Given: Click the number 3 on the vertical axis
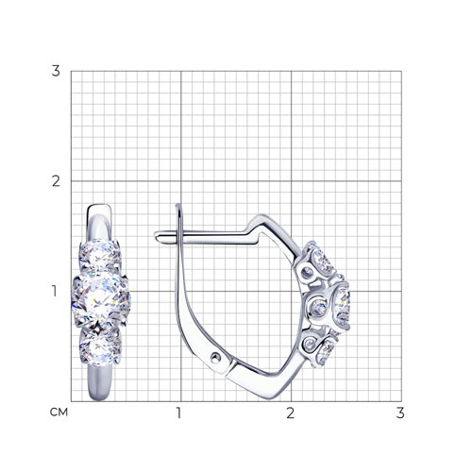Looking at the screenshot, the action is pos(56,71).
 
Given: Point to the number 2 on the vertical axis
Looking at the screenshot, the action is pos(56,181).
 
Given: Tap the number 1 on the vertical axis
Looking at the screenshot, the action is pos(55,291).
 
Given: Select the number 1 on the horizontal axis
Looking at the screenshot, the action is pos(179,413).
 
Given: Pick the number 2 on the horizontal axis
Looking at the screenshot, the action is pos(291,413).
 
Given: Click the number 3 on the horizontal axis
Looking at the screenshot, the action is pos(400,413).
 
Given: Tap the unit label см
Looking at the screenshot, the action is pos(59,413).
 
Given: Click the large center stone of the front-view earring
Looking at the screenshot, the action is pos(100,300).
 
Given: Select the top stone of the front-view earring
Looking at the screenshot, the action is pos(99,255).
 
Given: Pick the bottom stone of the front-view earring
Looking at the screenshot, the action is pos(100,346).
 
